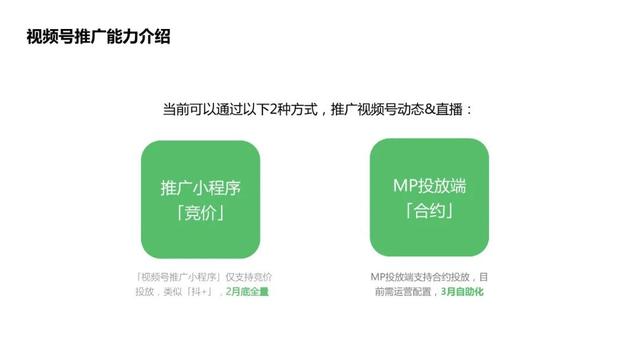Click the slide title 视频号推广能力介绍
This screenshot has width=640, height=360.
coord(98,38)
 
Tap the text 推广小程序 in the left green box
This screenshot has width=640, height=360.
coord(201,187)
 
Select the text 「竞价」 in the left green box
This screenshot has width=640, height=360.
coord(201,214)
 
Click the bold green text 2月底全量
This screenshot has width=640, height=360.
coord(248,291)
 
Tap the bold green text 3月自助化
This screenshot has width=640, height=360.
coord(463,291)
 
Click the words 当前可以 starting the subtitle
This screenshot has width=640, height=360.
coord(192,108)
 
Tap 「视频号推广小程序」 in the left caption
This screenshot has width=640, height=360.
coord(168,275)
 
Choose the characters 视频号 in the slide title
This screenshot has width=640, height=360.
coord(49,38)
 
